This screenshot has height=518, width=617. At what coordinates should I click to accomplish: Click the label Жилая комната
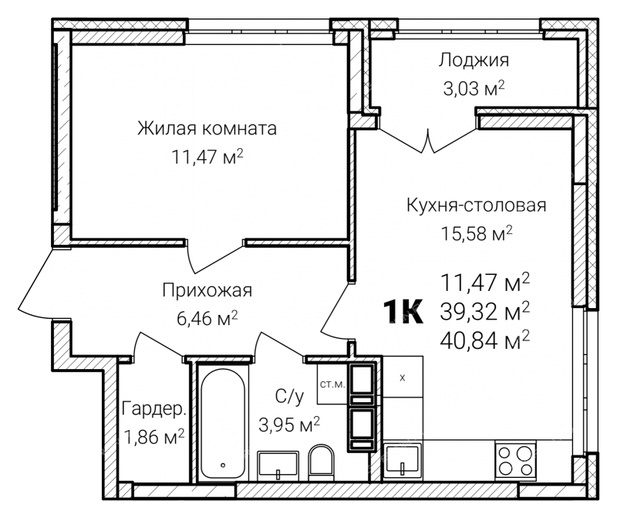click(x=207, y=128)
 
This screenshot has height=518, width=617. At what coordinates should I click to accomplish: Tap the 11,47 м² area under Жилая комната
click(x=207, y=157)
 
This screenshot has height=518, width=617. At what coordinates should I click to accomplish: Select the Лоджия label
click(x=474, y=61)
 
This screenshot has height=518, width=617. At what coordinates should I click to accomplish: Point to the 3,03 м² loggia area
click(x=474, y=89)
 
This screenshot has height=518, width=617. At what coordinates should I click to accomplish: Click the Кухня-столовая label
click(x=476, y=205)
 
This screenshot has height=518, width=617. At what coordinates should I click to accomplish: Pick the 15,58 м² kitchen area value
click(x=476, y=234)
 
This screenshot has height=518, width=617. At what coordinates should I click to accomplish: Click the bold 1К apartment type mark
click(x=403, y=312)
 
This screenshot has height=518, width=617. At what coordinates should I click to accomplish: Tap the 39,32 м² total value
click(x=485, y=312)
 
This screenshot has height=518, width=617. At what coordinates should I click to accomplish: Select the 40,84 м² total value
click(x=485, y=340)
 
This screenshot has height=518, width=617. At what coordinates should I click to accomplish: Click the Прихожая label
click(x=207, y=291)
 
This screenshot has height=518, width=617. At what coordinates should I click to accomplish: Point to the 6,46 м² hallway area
click(x=207, y=318)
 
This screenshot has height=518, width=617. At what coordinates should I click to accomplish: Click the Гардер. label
click(x=153, y=409)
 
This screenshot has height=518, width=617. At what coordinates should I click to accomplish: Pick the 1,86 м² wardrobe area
click(x=153, y=436)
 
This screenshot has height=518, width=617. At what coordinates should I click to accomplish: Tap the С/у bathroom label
click(x=289, y=397)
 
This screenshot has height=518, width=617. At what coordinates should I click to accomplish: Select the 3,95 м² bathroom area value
click(x=289, y=425)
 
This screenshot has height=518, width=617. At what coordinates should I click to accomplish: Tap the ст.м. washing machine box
click(x=332, y=384)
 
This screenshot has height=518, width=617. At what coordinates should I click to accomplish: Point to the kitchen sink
click(x=403, y=459)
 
